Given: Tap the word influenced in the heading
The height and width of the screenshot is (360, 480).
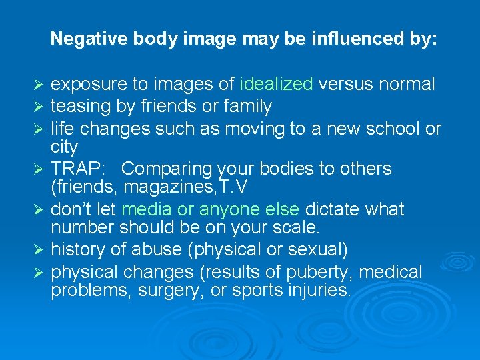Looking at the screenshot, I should point(354,39).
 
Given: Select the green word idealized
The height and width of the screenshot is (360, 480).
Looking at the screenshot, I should point(276,85).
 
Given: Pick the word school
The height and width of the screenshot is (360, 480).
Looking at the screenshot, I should point(387,127).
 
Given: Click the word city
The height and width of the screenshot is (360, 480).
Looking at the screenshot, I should point(65,146).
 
